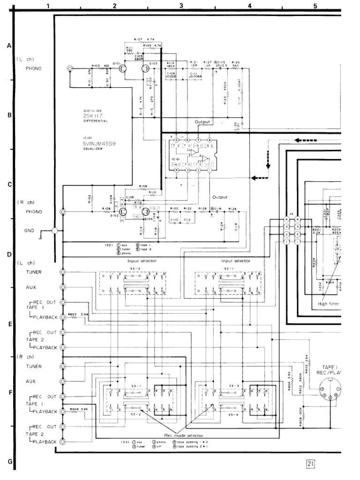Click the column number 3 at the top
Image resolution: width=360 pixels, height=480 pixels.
pyautogui.click(x=181, y=6)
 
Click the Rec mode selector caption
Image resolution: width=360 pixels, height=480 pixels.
pyautogui.click(x=178, y=435)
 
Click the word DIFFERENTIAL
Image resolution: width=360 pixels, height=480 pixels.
pyautogui.click(x=96, y=121)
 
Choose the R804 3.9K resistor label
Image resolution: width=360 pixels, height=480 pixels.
pyautogui.click(x=79, y=409)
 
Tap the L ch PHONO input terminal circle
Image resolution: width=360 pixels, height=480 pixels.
pyautogui.click(x=70, y=68)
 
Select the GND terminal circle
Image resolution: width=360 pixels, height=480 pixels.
pyautogui.click(x=55, y=231)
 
